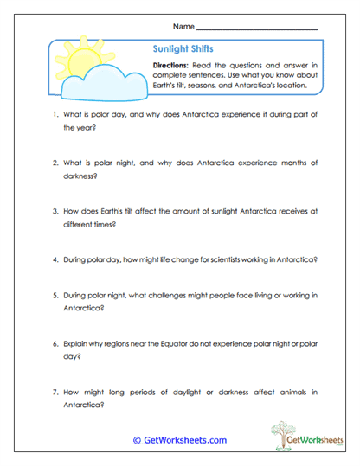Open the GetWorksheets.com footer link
click(179, 440)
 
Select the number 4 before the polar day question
click(54, 258)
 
